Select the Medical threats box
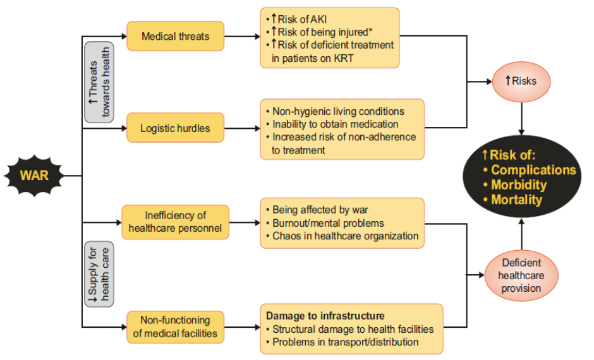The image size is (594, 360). [x=175, y=37]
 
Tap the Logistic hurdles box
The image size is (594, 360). [x=175, y=129]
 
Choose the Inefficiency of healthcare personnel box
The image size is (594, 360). [x=175, y=222]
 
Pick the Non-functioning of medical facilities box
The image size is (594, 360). [x=175, y=327]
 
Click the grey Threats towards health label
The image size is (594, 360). [x=99, y=83]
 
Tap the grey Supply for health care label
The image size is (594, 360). [x=99, y=274]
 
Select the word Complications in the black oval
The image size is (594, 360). [x=533, y=170]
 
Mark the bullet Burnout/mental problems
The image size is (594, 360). [x=328, y=223]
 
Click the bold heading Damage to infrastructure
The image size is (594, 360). [x=325, y=315]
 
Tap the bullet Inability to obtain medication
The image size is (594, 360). [x=335, y=124]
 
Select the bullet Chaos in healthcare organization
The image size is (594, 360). [x=346, y=236]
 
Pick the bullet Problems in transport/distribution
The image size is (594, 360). [x=346, y=342]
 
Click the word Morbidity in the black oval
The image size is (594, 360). [x=518, y=185]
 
